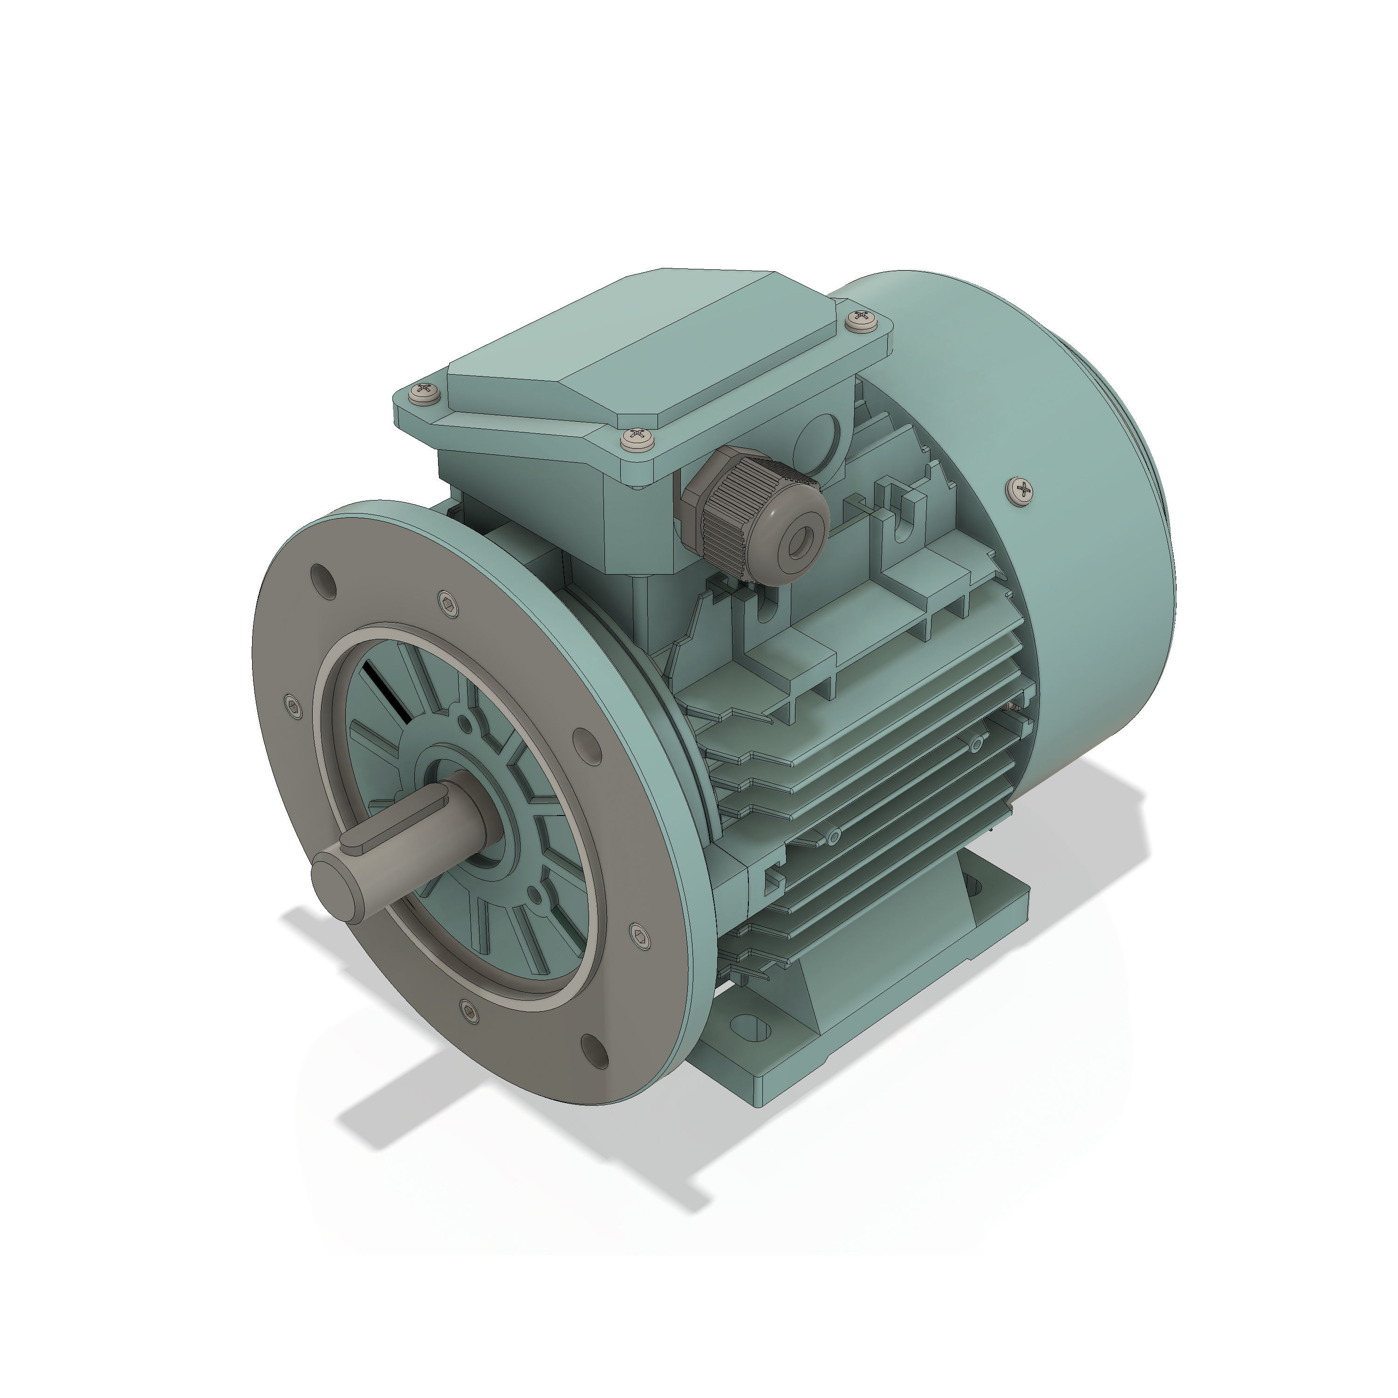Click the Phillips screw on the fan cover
(x=1021, y=491)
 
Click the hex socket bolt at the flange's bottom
(x=469, y=1011)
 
